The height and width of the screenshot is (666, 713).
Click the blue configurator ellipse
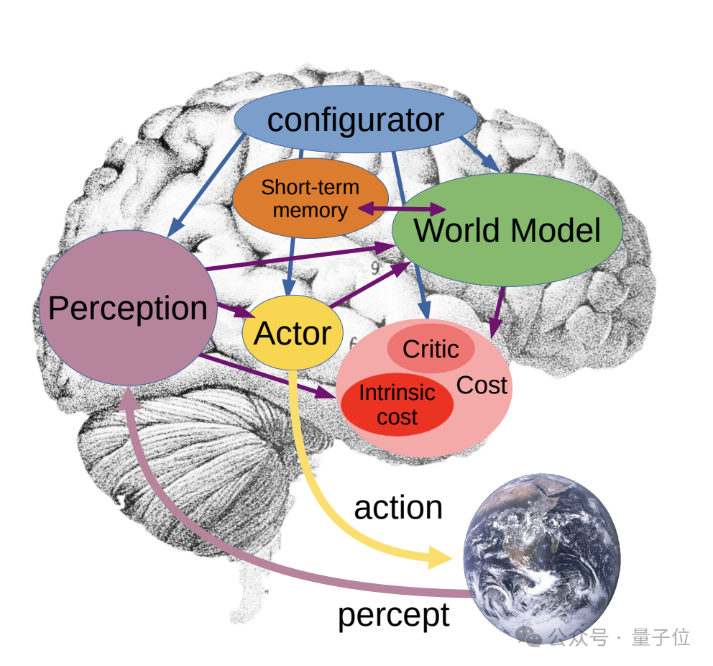tap(356, 120)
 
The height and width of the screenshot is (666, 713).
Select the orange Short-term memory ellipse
tap(310, 199)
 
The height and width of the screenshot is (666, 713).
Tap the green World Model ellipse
tap(507, 230)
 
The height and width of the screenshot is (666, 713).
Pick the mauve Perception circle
tap(128, 308)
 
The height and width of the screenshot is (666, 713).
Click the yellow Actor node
tap(293, 333)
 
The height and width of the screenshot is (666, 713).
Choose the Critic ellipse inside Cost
tap(431, 349)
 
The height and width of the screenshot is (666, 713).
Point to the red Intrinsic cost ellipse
tap(397, 404)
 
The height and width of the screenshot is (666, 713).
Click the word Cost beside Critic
tap(482, 385)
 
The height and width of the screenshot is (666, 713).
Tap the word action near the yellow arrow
tap(398, 507)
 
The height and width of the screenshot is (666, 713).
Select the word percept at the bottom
tap(394, 615)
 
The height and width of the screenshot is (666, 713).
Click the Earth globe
tap(542, 557)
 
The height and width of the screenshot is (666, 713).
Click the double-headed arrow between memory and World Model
tap(402, 209)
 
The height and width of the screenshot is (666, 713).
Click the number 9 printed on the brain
tap(374, 269)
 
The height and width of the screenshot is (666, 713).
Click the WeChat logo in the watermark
tap(532, 637)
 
